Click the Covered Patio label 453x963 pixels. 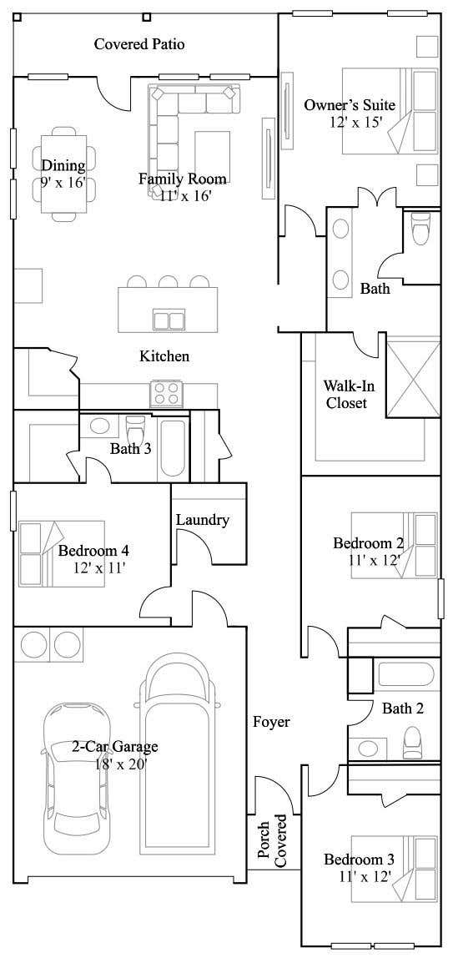pyautogui.click(x=139, y=44)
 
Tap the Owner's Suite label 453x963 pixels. pyautogui.click(x=350, y=105)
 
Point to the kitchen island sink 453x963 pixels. pyautogui.click(x=169, y=320)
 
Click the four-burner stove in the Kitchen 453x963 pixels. pyautogui.click(x=167, y=394)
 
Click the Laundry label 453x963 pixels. pyautogui.click(x=203, y=520)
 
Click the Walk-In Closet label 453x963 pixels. pyautogui.click(x=347, y=394)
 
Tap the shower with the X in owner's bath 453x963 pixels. pyautogui.click(x=413, y=376)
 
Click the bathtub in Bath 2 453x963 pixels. pyautogui.click(x=405, y=674)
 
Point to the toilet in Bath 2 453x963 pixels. pyautogui.click(x=412, y=744)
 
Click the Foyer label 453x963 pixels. pyautogui.click(x=271, y=723)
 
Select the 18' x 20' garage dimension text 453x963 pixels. pyautogui.click(x=121, y=764)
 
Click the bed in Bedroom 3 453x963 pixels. pyautogui.click(x=394, y=869)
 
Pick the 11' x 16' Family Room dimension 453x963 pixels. pyautogui.click(x=186, y=196)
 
